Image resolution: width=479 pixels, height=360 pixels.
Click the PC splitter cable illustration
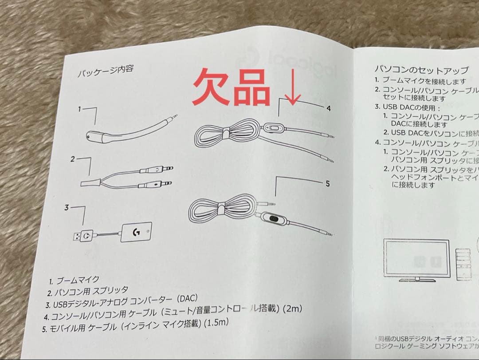126,176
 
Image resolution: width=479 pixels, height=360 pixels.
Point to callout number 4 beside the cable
328,108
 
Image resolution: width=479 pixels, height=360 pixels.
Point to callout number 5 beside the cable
327,183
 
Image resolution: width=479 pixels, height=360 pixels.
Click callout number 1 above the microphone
79,108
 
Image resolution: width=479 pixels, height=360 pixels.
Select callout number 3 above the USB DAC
67,207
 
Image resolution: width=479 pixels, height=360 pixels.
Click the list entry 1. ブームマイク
74,281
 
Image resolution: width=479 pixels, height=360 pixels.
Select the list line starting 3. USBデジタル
121,302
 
